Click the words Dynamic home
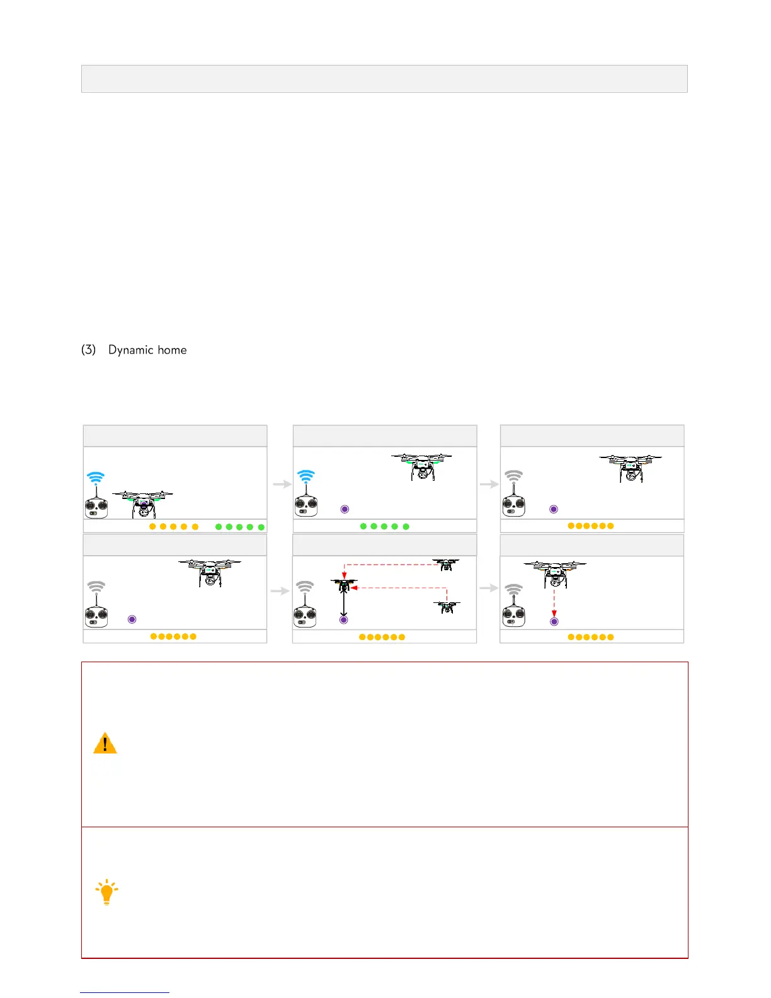coord(147,350)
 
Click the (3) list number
coord(88,350)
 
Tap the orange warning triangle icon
coord(105,743)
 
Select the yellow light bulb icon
coord(106,892)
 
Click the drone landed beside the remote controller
coord(143,503)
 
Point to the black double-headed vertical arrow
coord(343,604)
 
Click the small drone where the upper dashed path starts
coord(446,565)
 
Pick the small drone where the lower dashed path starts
coord(447,607)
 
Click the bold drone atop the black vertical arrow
coord(343,585)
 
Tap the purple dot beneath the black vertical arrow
coord(343,620)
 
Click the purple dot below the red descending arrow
coord(554,621)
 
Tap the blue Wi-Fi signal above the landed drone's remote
coord(96,477)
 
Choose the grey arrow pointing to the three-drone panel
coord(280,590)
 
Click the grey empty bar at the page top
coord(384,79)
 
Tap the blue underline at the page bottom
coord(125,992)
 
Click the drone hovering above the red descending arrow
coord(554,573)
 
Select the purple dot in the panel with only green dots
coord(345,509)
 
